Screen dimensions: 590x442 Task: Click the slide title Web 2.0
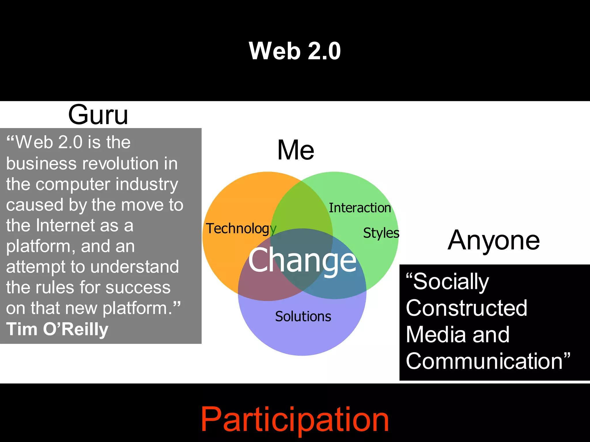point(295,51)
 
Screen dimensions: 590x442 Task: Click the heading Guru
point(98,115)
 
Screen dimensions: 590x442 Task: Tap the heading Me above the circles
point(296,150)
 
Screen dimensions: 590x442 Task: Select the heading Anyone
point(493,240)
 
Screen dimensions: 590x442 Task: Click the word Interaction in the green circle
point(360,208)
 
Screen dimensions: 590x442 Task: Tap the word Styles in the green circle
point(381,233)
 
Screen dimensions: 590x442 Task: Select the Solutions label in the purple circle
point(303,317)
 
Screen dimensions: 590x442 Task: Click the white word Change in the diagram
point(302,260)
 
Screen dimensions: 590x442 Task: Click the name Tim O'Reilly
point(57,329)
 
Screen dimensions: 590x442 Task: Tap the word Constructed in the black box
point(466,308)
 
